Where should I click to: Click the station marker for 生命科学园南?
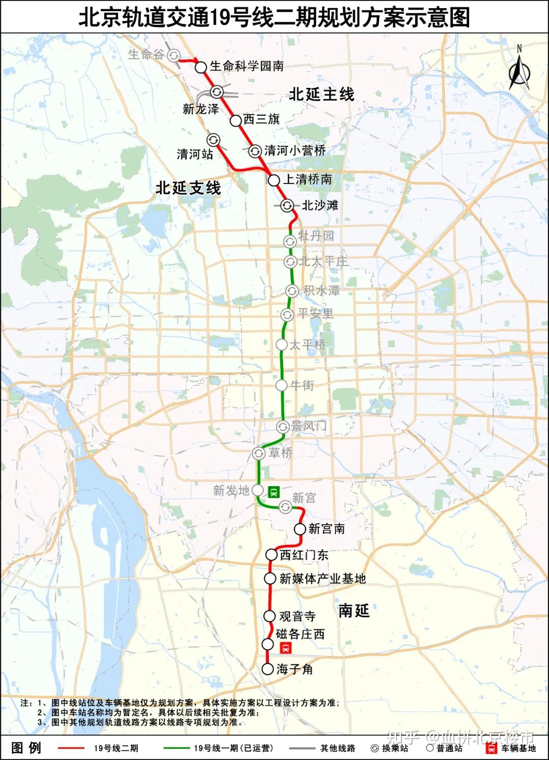201,67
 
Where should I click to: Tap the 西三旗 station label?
261,119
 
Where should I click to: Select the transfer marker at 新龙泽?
217,92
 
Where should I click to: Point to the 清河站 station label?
195,154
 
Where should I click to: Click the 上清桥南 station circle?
274,180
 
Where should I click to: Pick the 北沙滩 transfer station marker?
287,205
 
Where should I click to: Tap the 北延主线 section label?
321,94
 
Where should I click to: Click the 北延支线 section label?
188,188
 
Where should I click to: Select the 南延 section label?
354,611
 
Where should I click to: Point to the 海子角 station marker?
268,669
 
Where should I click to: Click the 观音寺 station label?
297,616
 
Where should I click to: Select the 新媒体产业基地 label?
322,579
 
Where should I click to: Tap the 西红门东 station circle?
272,555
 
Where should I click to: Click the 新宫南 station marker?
300,529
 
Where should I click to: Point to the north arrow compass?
519,69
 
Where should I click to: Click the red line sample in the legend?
71,748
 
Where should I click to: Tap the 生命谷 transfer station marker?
174,55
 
